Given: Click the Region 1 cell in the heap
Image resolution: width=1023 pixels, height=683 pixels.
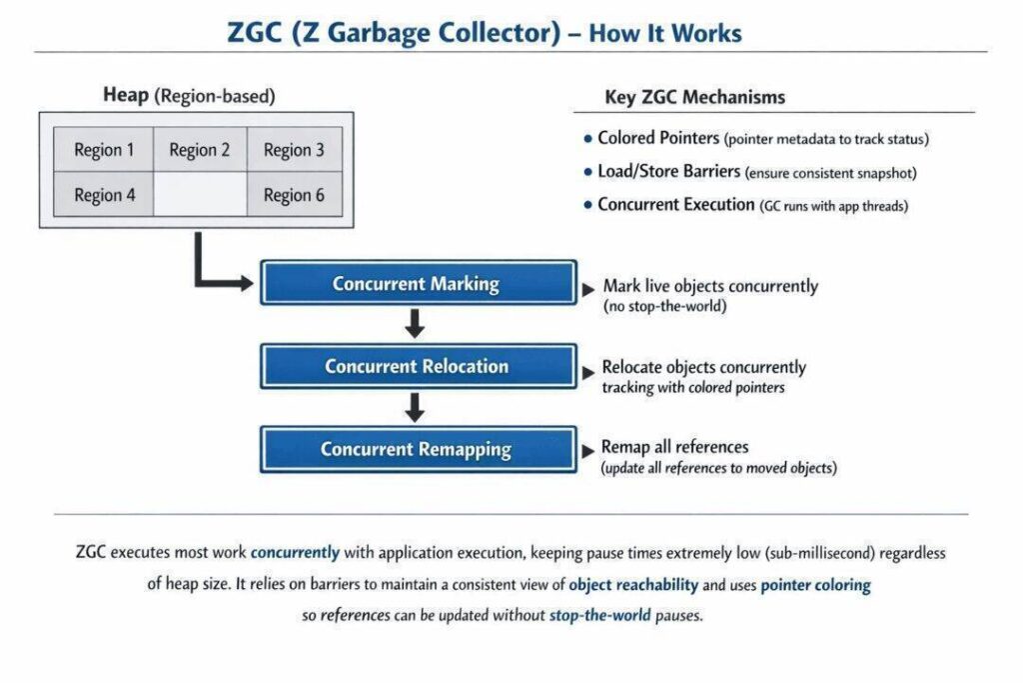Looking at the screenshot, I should tap(104, 150).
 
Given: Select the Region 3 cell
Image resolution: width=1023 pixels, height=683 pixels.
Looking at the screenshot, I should tap(294, 150).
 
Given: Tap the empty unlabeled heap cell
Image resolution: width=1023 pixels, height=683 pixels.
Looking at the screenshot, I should tap(199, 194).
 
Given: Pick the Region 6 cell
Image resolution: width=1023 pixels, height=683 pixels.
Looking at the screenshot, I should tap(294, 195).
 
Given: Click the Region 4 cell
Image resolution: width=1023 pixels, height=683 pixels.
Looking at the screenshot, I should tap(104, 195).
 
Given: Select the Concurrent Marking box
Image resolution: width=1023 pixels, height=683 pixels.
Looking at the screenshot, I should tap(418, 283).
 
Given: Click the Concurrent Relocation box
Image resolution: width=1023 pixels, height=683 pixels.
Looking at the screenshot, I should tap(418, 366).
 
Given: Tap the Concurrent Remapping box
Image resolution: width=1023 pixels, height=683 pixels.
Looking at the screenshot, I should tap(418, 449).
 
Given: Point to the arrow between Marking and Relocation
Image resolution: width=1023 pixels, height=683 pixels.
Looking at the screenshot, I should tap(416, 324).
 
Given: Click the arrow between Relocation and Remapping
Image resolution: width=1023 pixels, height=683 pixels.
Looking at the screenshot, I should tap(416, 407).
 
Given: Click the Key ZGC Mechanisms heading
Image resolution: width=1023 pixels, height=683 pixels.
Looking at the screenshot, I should tap(694, 97).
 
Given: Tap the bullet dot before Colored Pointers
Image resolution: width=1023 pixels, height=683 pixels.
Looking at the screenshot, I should tap(587, 139).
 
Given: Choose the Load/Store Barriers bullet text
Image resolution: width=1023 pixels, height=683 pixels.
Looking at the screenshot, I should tap(669, 172).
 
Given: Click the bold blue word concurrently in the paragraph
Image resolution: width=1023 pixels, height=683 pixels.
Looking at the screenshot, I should tap(295, 552).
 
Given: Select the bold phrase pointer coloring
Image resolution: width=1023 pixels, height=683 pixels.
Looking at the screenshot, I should tap(815, 584).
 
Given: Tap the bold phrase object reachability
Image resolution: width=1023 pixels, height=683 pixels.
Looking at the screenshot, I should tap(629, 584).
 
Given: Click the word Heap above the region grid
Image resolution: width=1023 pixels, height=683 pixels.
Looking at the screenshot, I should tap(126, 96).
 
